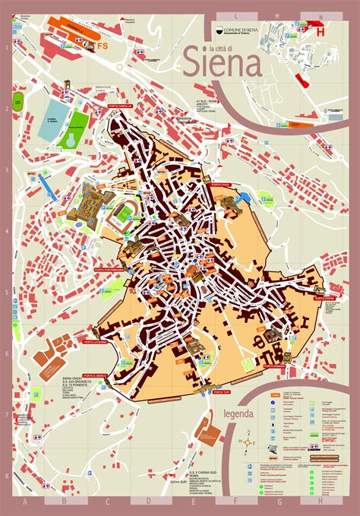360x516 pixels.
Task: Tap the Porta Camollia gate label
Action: point(120,106)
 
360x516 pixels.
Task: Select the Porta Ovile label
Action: point(222,185)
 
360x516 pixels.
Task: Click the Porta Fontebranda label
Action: point(109,270)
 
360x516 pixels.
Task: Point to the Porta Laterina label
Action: point(106,343)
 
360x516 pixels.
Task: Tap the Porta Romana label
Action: point(275,366)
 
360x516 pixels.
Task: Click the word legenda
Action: point(239,414)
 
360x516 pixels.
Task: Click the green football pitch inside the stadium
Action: point(122,215)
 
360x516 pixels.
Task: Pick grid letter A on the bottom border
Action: point(25,502)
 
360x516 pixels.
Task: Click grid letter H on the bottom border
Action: point(321,502)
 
